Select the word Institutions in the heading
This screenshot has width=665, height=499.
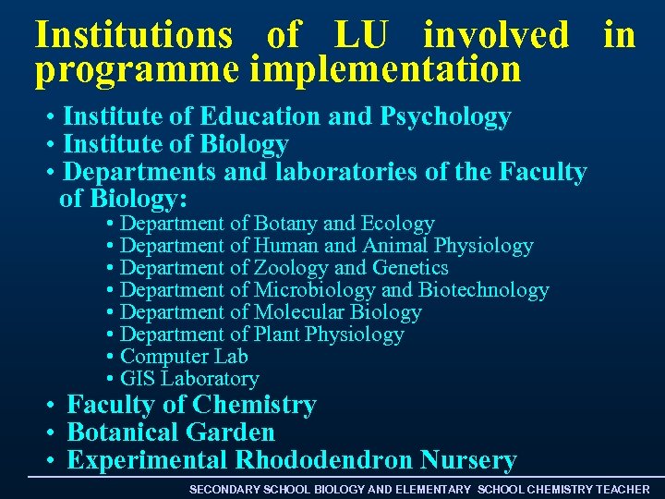point(134,35)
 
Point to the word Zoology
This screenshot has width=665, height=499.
point(291,268)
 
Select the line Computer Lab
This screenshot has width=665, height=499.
point(184,357)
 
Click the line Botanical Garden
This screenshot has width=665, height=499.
point(171,432)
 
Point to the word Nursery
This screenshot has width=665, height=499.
point(468,460)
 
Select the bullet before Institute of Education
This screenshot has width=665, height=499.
point(54,118)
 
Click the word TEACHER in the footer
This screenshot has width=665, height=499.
point(623,489)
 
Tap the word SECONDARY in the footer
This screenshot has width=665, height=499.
point(224,489)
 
